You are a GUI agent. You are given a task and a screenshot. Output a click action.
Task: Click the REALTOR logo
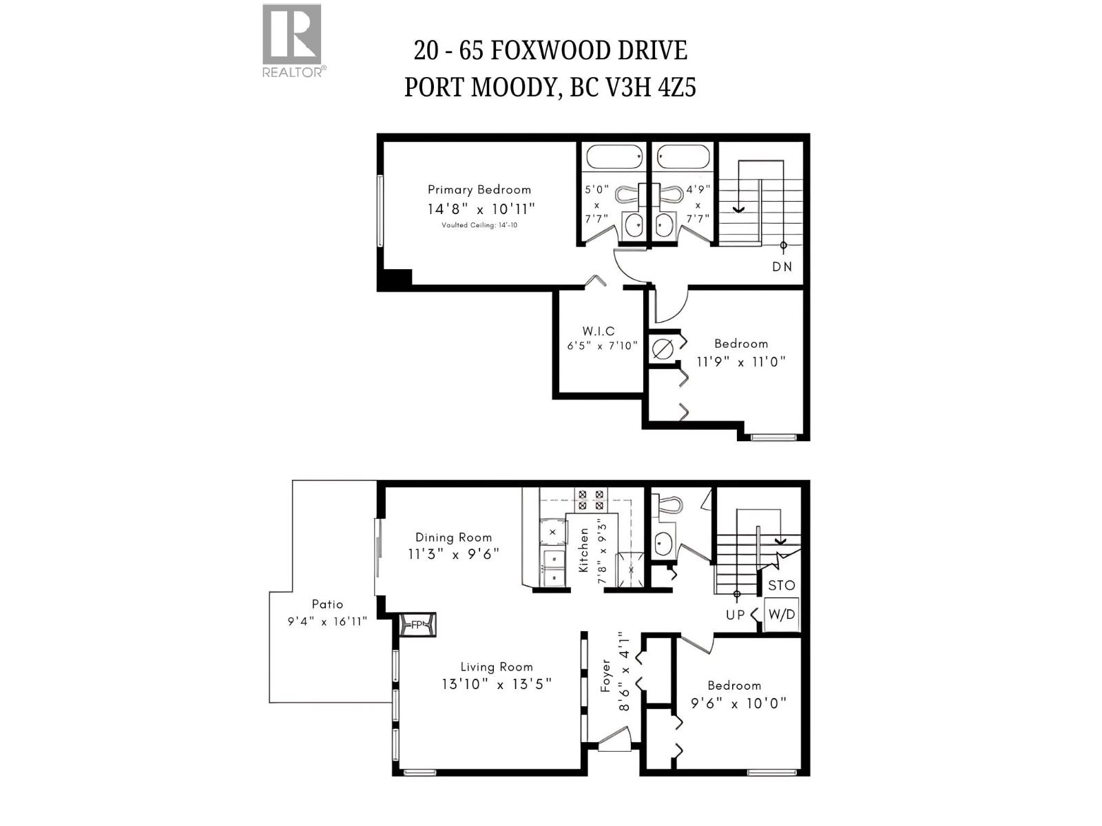pos(292,39)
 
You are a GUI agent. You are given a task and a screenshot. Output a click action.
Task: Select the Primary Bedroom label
pos(479,190)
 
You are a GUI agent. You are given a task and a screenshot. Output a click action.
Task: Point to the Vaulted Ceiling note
pos(479,226)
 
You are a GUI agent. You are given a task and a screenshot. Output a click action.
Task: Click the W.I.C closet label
pos(599,332)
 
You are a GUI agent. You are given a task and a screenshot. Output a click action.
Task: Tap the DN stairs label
pos(782,267)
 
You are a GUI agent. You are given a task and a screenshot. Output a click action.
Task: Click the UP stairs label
pos(735,615)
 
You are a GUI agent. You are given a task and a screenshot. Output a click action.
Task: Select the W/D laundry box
pos(781,615)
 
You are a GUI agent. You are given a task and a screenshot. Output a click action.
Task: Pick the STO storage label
pos(781,586)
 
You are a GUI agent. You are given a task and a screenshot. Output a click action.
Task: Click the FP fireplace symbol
pos(417,626)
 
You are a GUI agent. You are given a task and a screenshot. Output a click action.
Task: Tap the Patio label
pos(327,604)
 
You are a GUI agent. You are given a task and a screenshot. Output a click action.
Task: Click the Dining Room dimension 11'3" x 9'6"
pos(453,554)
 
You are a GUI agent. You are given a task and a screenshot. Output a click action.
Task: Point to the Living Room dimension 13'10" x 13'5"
pos(497,684)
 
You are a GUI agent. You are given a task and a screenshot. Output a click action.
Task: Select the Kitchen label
pos(584,551)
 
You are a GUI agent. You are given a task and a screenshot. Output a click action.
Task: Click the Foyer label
pos(606,676)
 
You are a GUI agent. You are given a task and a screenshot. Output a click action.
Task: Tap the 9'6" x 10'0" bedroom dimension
pos(738,704)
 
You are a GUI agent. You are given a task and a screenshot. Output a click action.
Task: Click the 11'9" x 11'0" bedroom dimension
pos(740,362)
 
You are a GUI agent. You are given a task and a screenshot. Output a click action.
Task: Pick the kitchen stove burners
pos(591,500)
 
